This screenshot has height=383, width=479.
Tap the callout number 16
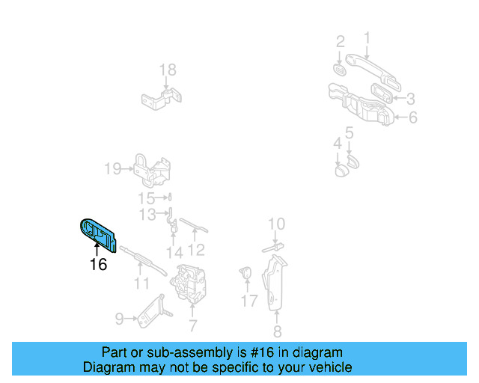click(98, 264)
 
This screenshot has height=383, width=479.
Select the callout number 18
click(168, 70)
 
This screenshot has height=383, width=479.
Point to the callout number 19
click(112, 169)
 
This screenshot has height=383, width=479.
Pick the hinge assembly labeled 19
click(152, 171)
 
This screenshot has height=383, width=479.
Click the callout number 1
click(367, 37)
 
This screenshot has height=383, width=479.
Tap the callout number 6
click(412, 117)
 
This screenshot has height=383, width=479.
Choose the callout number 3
click(410, 98)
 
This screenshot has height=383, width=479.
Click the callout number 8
click(277, 333)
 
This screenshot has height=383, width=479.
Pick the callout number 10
click(276, 224)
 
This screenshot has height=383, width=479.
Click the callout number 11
click(141, 284)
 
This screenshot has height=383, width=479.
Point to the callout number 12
click(196, 250)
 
